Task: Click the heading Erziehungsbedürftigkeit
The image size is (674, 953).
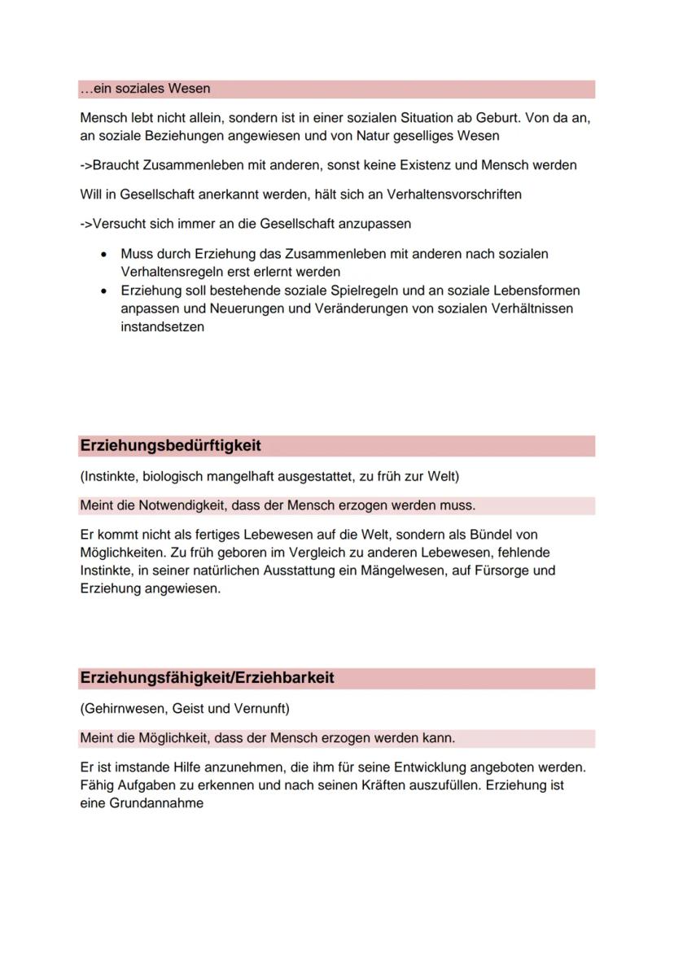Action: click(x=170, y=446)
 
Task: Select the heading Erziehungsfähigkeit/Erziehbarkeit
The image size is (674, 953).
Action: click(x=207, y=678)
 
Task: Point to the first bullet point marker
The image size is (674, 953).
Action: click(x=103, y=255)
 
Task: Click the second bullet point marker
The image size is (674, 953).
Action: click(x=103, y=291)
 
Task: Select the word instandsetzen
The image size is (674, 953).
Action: click(x=162, y=326)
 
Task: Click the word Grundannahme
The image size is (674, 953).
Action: click(x=156, y=803)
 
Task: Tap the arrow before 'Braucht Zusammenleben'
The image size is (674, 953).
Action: click(x=86, y=165)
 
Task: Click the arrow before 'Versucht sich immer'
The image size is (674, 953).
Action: click(x=86, y=223)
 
